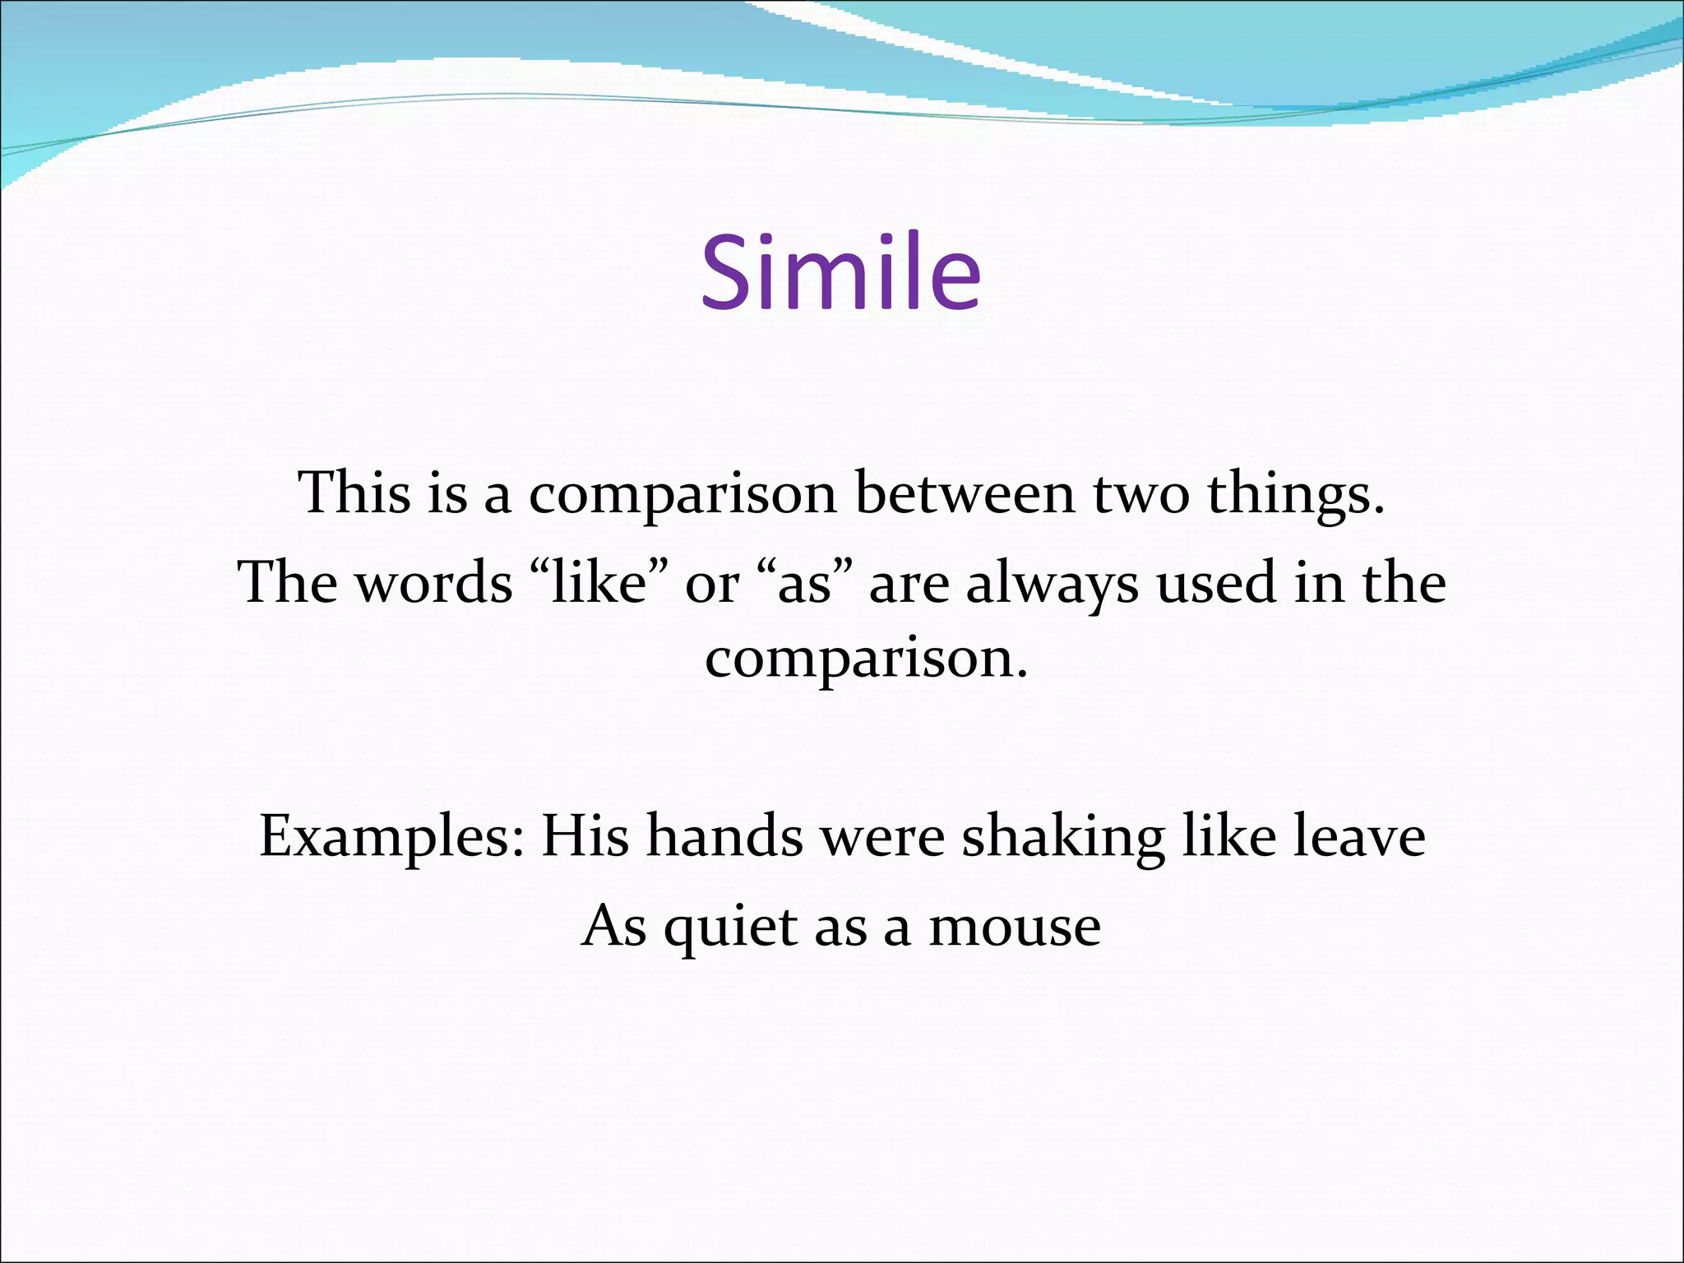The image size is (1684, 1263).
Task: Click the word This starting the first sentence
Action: point(354,493)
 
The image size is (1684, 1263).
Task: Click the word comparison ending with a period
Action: point(866,660)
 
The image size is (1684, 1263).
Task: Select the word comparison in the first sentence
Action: point(682,497)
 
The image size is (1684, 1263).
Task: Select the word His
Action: point(585,837)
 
